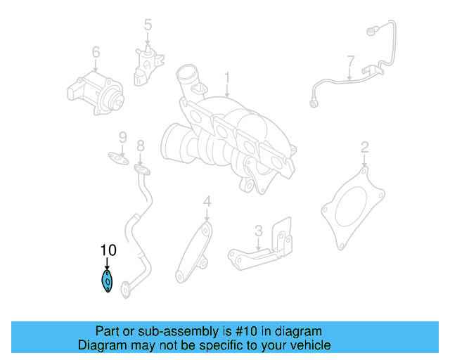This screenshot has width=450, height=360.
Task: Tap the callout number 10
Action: coord(108,250)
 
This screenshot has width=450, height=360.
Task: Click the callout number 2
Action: coord(364,147)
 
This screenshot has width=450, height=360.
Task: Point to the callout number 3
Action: coord(258,230)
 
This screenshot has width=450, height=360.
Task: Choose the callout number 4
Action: coord(207,202)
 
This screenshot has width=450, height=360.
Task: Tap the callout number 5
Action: coord(148,25)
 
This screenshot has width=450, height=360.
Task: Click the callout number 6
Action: coord(96,52)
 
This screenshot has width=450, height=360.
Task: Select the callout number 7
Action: coord(349,61)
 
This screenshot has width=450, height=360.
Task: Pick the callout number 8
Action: coord(140,146)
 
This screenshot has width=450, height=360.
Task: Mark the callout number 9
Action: coord(122,137)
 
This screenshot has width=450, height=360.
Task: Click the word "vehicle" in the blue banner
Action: coord(307,345)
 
